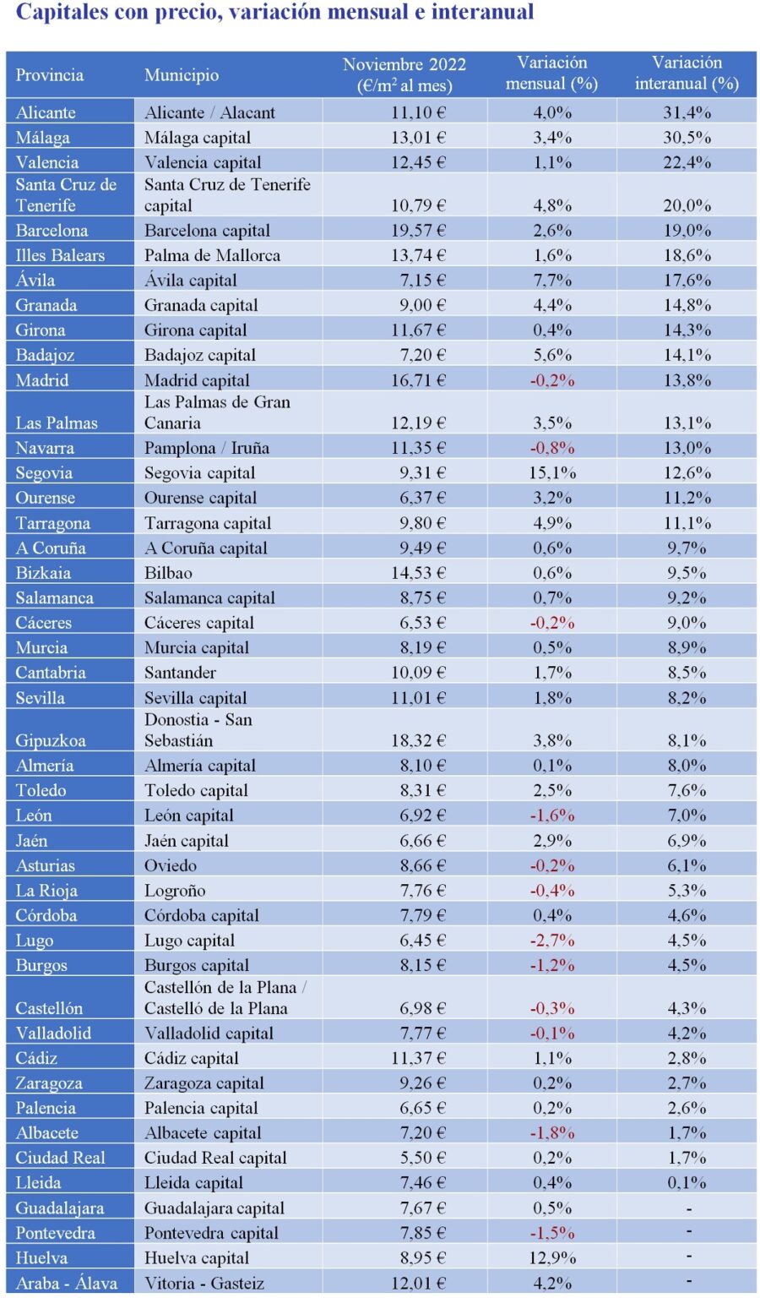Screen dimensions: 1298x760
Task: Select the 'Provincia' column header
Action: pyautogui.click(x=50, y=74)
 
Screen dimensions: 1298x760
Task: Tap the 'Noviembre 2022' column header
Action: pyautogui.click(x=404, y=74)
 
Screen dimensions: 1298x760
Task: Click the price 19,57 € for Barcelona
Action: pyautogui.click(x=418, y=230)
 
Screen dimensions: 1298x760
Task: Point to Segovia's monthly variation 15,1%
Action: pyautogui.click(x=552, y=472)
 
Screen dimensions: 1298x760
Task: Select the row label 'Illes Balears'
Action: pyautogui.click(x=60, y=255)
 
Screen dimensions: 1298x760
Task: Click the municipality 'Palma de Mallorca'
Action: pyautogui.click(x=212, y=255)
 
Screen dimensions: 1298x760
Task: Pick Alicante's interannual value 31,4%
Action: pyautogui.click(x=687, y=112)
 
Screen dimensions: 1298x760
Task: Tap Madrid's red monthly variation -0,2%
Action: pyautogui.click(x=552, y=380)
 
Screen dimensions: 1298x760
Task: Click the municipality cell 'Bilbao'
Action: pyautogui.click(x=168, y=573)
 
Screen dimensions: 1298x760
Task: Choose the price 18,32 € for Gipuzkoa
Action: pyautogui.click(x=418, y=740)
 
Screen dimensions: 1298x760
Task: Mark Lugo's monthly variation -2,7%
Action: pyautogui.click(x=552, y=940)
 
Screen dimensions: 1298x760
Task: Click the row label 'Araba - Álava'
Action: pyautogui.click(x=67, y=1283)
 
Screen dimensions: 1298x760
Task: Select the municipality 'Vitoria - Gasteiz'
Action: pyautogui.click(x=204, y=1283)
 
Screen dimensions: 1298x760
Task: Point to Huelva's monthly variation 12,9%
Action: pyautogui.click(x=552, y=1257)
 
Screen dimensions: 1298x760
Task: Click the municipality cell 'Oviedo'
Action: pyautogui.click(x=171, y=865)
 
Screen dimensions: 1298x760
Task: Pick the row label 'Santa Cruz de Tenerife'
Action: pyautogui.click(x=66, y=195)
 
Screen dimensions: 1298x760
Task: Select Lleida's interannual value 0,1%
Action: pyautogui.click(x=687, y=1182)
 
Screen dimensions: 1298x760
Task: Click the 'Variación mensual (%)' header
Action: pyautogui.click(x=551, y=74)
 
